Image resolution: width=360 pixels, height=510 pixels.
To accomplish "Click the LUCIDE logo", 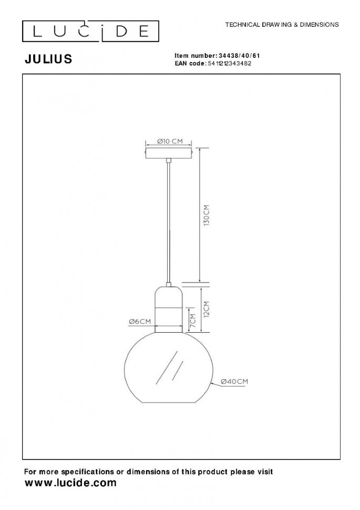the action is click(x=90, y=31).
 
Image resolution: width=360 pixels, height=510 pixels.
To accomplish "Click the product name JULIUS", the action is click(x=48, y=59).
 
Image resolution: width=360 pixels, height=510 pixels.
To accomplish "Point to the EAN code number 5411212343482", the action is click(x=229, y=64).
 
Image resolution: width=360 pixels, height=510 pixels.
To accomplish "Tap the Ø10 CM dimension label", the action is click(x=170, y=141).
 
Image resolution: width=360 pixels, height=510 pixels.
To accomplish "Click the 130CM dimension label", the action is click(x=206, y=216).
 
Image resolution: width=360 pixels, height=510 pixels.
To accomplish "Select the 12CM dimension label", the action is click(x=206, y=308).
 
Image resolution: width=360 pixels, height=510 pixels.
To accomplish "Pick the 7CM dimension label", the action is click(x=192, y=320).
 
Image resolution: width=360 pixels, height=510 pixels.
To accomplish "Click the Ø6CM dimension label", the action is click(x=140, y=321).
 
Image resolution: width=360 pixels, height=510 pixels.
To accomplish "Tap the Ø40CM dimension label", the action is click(x=234, y=382).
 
